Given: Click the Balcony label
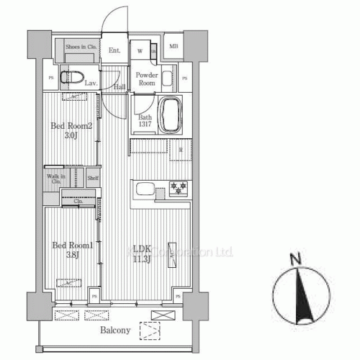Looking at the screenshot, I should tap(114, 331).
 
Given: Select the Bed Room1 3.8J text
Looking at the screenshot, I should tap(71, 250).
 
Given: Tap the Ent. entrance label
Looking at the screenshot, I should tap(114, 50).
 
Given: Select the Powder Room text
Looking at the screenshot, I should tap(147, 78).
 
